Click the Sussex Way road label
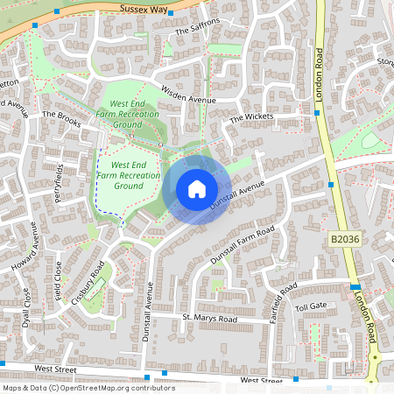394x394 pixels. click(x=144, y=8)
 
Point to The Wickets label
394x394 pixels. click(x=251, y=117)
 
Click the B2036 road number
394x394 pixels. click(x=345, y=238)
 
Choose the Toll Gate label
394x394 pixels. click(x=310, y=306)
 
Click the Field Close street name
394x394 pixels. click(x=60, y=278)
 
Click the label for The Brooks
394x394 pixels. click(x=61, y=115)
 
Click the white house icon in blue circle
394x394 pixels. click(x=197, y=189)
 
